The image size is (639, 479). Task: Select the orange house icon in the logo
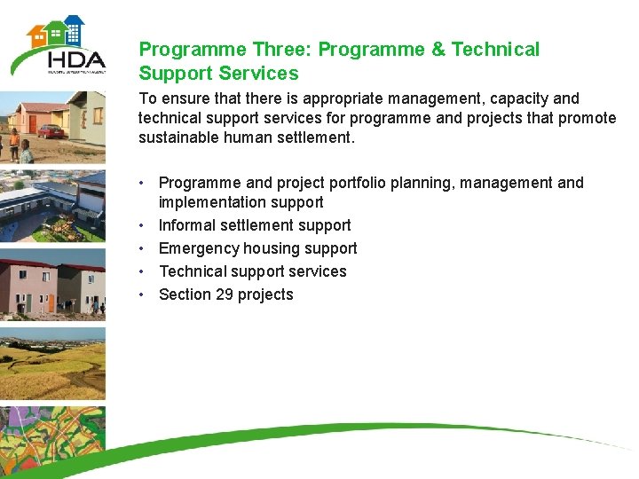point(38,35)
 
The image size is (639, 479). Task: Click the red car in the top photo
point(51,131)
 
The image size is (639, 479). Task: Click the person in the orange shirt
point(14,142)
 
